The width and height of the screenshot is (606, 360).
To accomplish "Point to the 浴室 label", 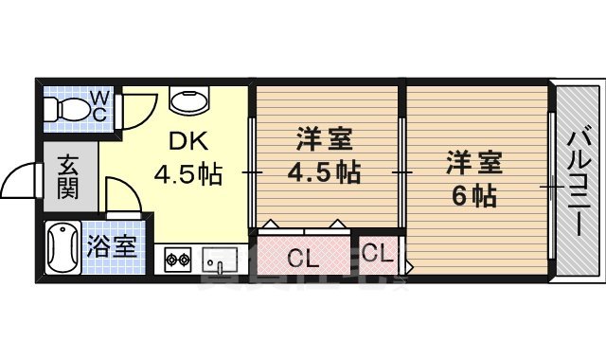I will [112, 249].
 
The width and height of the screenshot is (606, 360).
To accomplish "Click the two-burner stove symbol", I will [177, 258].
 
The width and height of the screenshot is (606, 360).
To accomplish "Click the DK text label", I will [187, 142].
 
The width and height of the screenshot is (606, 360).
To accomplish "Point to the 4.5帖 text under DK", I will [189, 174].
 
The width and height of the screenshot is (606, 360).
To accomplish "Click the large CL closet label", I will [303, 257].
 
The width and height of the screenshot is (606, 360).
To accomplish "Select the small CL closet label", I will [375, 254].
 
